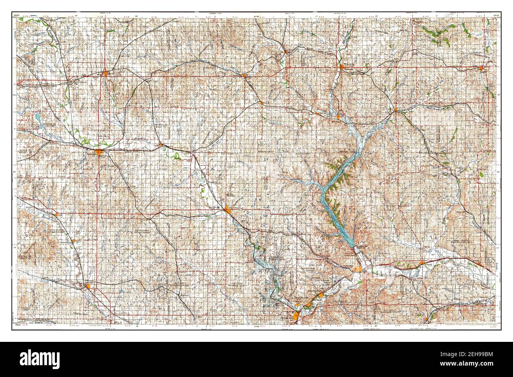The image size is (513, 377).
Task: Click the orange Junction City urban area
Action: click(x=297, y=315)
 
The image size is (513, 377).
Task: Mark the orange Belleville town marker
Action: click(x=105, y=72)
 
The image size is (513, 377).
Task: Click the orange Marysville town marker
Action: click(x=342, y=67)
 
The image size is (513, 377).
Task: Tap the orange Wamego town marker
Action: click(x=423, y=263)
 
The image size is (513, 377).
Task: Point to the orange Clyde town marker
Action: click(x=160, y=145)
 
